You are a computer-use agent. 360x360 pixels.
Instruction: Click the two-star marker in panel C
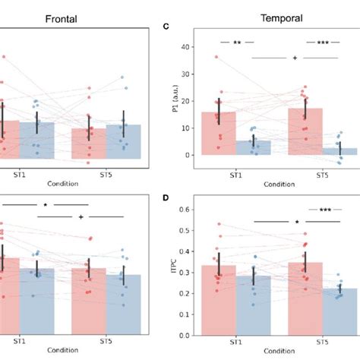click(x=237, y=43)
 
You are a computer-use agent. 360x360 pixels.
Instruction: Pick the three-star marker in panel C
click(x=324, y=43)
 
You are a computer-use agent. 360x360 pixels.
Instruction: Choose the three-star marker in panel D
click(x=324, y=210)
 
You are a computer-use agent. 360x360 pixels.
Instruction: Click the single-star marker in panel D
click(x=296, y=222)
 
